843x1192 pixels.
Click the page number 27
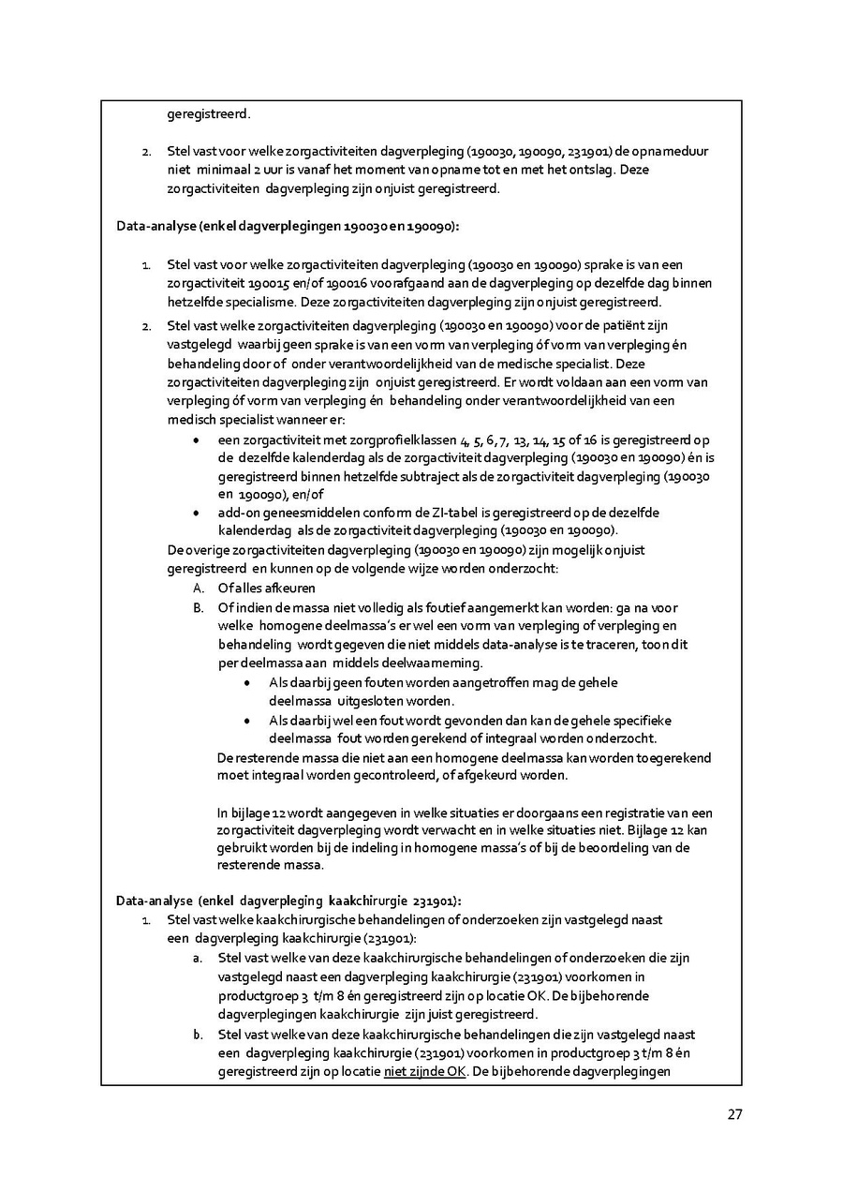click(x=734, y=1114)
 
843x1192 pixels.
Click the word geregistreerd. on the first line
click(x=209, y=114)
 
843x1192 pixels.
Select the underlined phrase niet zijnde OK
click(x=425, y=1071)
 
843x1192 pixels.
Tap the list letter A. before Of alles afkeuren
click(x=199, y=589)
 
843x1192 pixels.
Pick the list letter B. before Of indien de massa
click(x=199, y=607)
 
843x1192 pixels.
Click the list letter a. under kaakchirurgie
click(x=198, y=958)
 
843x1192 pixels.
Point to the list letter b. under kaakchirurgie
click(x=198, y=1034)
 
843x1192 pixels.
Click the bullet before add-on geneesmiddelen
click(x=196, y=513)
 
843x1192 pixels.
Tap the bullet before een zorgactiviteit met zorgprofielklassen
click(x=196, y=440)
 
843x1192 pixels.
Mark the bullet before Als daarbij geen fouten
click(x=246, y=683)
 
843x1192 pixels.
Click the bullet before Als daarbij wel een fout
click(x=246, y=721)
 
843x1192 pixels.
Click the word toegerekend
click(x=674, y=757)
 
